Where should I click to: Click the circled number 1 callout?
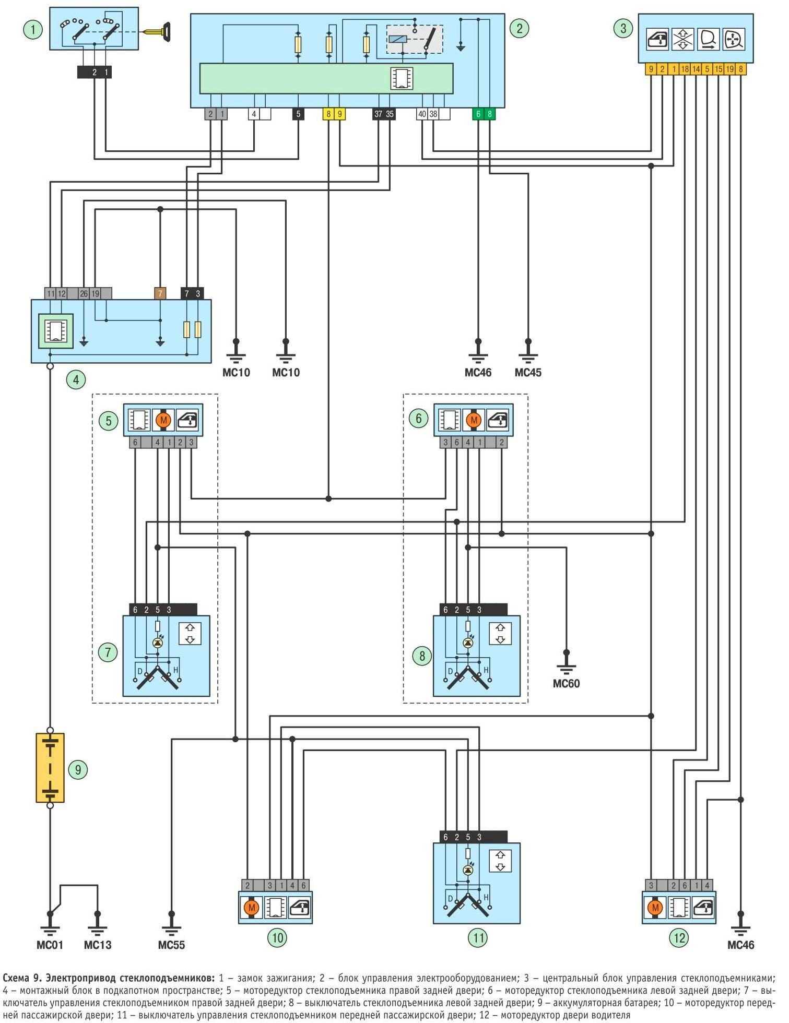(33, 29)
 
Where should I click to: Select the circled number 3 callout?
(622, 28)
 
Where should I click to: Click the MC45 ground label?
(528, 373)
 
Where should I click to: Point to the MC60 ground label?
(566, 684)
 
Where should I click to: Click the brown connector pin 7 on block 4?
(160, 294)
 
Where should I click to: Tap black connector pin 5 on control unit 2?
(298, 114)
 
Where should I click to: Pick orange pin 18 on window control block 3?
(685, 69)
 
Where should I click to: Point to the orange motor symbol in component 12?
(655, 908)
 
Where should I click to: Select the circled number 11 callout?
(478, 938)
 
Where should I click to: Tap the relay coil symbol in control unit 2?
(398, 39)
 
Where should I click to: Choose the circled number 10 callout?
(277, 938)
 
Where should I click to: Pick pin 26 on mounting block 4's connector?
(84, 294)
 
